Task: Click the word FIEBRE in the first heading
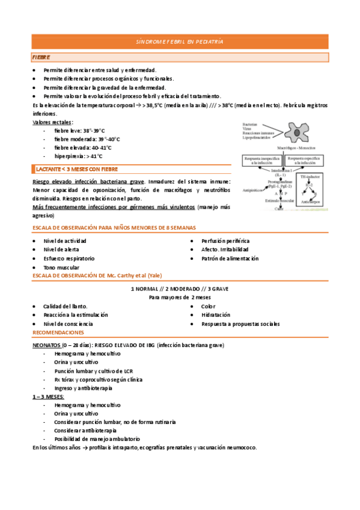point(41,57)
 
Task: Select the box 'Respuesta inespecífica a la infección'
point(263,161)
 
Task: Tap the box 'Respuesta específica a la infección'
point(307,161)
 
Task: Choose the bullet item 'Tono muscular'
point(61,267)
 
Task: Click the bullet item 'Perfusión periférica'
point(225,241)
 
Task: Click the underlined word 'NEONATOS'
point(46,346)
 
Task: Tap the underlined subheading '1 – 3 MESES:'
point(48,397)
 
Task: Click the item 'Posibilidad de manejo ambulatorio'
point(96,439)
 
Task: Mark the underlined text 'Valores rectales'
point(52,122)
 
